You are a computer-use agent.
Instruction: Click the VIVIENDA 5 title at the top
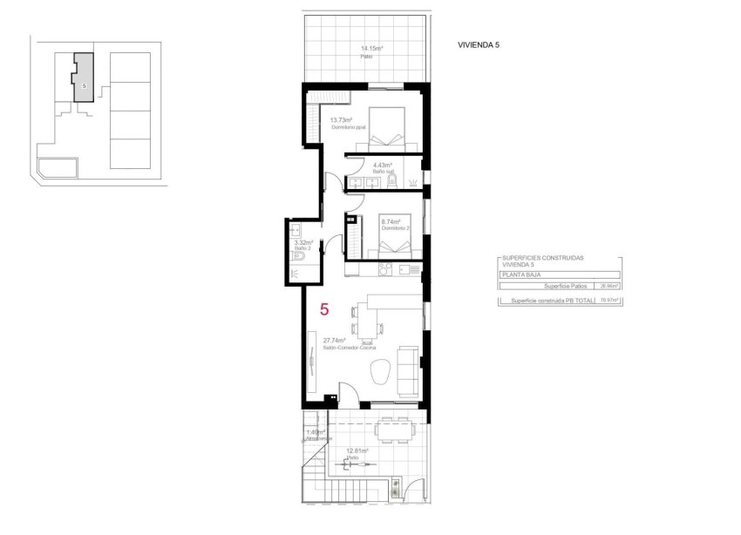coord(479,44)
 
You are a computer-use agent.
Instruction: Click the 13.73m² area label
coord(341,119)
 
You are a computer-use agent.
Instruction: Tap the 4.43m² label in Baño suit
coord(382,165)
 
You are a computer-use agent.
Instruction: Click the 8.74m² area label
coord(390,222)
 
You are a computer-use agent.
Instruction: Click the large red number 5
coord(324,308)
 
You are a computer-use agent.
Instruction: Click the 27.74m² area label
coord(334,341)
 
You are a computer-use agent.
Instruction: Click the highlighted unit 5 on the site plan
coord(83,78)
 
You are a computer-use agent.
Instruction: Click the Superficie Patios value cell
coord(608,285)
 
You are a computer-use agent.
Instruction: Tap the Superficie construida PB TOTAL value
coord(608,301)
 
